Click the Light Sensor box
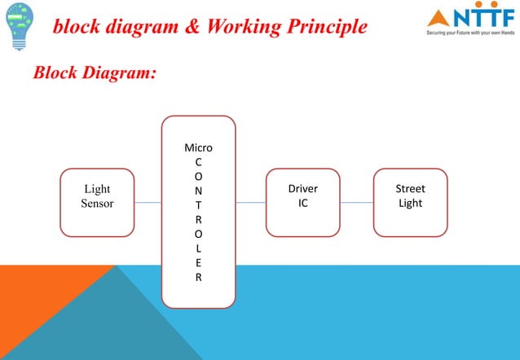pos(97,202)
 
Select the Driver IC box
pos(302,202)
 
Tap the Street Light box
pos(410,202)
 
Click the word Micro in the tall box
pos(198,148)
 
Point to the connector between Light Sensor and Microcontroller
pos(148,202)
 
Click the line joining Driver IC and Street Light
pos(356,202)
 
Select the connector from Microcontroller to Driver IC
pos(251,202)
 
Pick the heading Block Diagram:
pos(94,72)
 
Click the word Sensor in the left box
pos(97,203)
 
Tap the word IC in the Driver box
pos(302,203)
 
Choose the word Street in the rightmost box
pos(410,189)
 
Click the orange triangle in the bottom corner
pos(33,326)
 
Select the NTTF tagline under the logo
pos(469,34)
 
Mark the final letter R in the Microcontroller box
pos(199,277)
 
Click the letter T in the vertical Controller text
pos(199,204)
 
